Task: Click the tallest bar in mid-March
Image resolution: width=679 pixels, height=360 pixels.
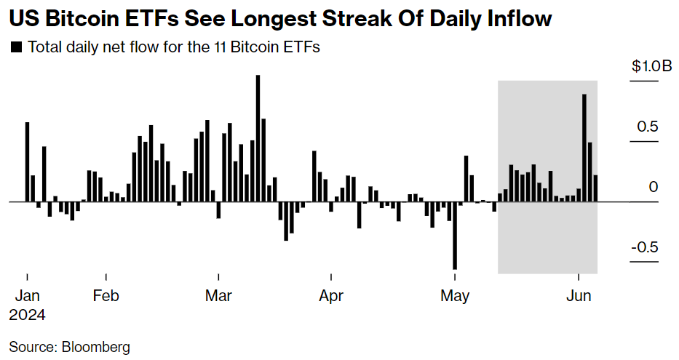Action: [258, 138]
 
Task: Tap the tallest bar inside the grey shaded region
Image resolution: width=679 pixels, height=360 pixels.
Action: [584, 148]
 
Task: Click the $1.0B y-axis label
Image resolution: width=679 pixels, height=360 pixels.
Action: [651, 66]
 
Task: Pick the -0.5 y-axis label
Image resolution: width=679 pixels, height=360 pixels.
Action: [644, 247]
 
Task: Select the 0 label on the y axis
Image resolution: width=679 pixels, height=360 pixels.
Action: [654, 187]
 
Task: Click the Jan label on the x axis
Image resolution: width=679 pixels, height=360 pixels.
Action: [27, 297]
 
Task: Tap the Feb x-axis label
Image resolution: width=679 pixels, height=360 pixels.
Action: [106, 297]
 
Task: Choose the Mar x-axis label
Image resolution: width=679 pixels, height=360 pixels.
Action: [218, 297]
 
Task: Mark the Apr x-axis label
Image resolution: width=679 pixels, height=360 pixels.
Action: [331, 297]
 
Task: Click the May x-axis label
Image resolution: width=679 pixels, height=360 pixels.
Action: [455, 297]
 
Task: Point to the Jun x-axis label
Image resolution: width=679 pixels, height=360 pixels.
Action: [578, 297]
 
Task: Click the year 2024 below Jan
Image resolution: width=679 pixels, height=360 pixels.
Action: [28, 316]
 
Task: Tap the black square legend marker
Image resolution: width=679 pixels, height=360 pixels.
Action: [16, 48]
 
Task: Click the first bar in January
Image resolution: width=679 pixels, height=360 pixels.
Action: [28, 161]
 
